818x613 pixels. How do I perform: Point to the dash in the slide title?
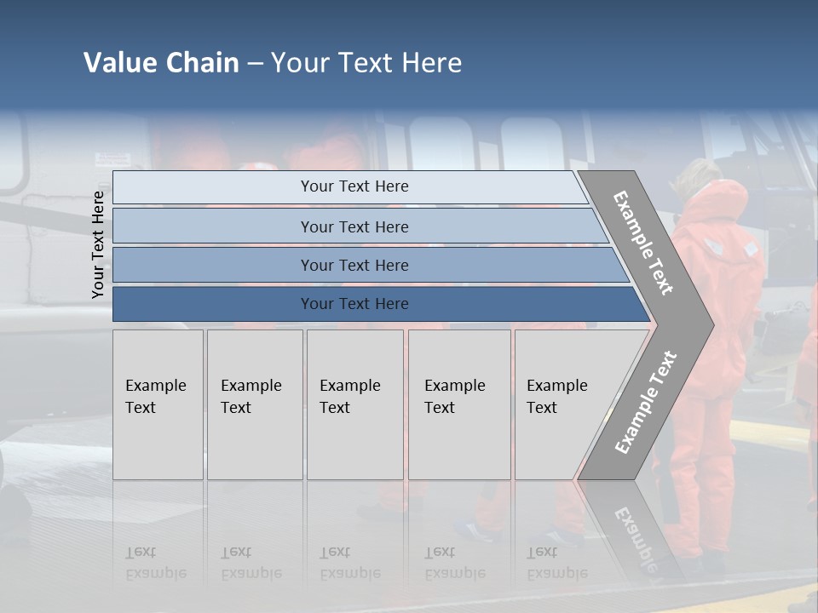click(x=255, y=64)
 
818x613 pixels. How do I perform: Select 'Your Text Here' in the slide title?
click(x=366, y=63)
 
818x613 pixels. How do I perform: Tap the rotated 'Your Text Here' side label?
click(x=98, y=244)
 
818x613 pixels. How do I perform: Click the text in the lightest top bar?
click(x=354, y=186)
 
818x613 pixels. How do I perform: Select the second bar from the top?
click(x=354, y=226)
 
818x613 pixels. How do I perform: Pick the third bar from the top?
click(x=354, y=266)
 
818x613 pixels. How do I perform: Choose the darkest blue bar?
click(x=354, y=304)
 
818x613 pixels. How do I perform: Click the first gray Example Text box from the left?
click(x=158, y=404)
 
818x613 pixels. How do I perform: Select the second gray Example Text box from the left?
click(x=255, y=404)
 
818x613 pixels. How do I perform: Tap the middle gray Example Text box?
click(x=354, y=404)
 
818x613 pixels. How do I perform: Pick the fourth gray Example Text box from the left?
click(x=459, y=404)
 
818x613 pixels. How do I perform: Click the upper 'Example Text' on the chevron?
click(x=643, y=243)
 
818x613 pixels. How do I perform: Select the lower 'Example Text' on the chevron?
click(x=646, y=403)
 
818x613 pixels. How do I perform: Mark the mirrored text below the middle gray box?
click(x=350, y=563)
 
